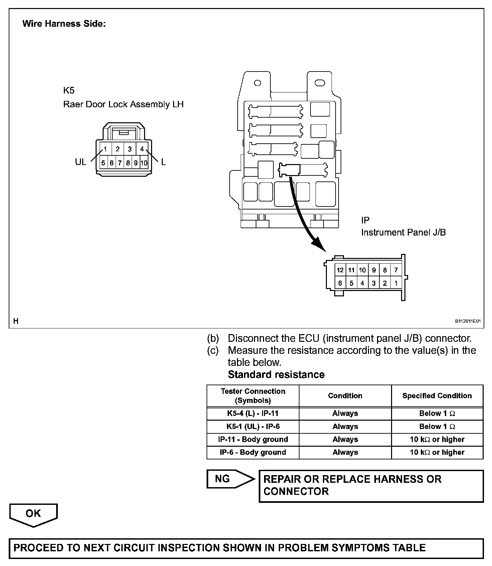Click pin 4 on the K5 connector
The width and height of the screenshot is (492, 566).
[142, 149]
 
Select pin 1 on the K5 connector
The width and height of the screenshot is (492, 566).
[105, 149]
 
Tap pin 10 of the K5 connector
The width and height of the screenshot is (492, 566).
[144, 163]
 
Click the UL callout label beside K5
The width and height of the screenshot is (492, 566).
[81, 162]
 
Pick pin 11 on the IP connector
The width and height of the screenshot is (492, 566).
[351, 270]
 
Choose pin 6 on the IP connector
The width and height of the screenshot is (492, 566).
[340, 283]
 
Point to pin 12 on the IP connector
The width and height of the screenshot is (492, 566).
[340, 270]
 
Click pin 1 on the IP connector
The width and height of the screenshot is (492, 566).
[396, 283]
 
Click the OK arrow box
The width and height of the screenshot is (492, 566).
[33, 514]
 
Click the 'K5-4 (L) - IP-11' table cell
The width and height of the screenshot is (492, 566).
[253, 413]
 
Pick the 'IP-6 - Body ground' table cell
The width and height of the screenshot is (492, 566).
[253, 452]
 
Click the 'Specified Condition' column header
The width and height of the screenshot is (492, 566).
[437, 396]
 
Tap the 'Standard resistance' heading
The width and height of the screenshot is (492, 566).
[276, 375]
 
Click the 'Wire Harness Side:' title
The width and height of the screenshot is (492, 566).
[64, 24]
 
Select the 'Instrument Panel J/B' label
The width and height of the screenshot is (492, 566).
[403, 233]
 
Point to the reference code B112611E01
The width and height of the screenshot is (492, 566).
[468, 321]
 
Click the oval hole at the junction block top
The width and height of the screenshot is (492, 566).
[320, 83]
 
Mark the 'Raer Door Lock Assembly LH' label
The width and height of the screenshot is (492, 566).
[123, 105]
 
